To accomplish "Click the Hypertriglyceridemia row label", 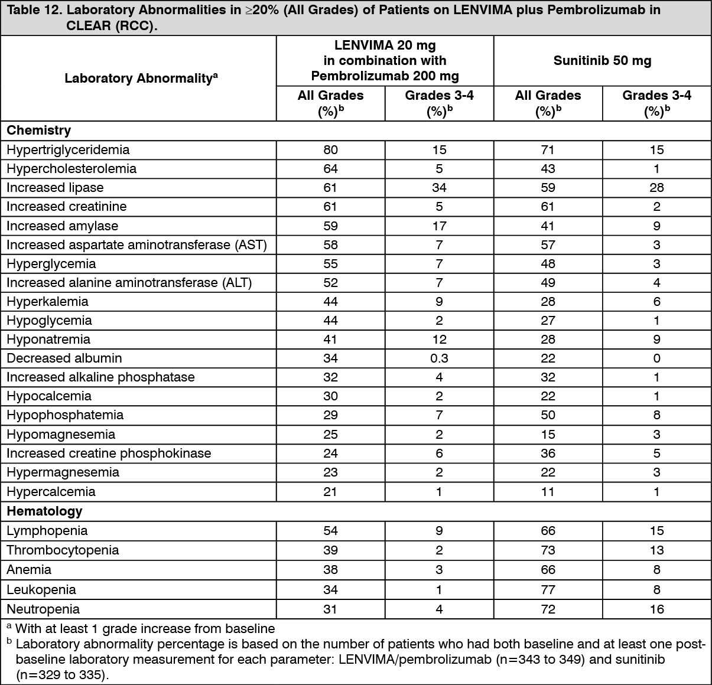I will (68, 150).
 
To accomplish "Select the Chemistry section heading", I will (39, 131).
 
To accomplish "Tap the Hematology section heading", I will (44, 511).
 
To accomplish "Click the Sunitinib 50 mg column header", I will (602, 61).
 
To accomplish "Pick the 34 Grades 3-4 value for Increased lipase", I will (439, 188).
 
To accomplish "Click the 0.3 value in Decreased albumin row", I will (439, 358).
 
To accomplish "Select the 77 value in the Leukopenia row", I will (548, 589).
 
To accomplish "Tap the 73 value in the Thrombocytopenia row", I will (548, 550).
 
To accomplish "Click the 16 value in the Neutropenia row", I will (656, 609).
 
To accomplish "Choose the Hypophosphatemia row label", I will (65, 415).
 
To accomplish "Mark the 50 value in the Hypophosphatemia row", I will (548, 415).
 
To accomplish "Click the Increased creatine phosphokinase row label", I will (109, 454).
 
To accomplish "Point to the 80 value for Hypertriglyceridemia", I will (330, 150).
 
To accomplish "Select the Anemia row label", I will (29, 570).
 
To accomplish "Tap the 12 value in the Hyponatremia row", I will (439, 340).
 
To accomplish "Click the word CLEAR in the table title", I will (90, 27).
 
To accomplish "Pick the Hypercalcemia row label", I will (51, 492).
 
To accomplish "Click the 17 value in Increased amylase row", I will (439, 226).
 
